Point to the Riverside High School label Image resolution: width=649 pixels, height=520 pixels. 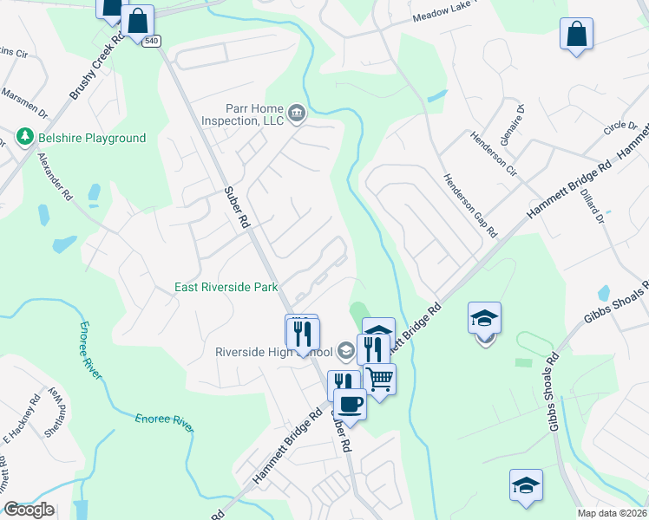pyautogui.click(x=274, y=352)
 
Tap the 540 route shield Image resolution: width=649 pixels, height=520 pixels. pyautogui.click(x=152, y=41)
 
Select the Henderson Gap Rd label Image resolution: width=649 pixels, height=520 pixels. pyautogui.click(x=469, y=205)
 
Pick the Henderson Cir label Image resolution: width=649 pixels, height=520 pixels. pyautogui.click(x=492, y=152)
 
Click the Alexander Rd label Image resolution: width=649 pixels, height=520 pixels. pyautogui.click(x=54, y=177)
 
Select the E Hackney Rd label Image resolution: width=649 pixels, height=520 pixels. pyautogui.click(x=22, y=417)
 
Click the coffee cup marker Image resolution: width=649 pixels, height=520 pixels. pyautogui.click(x=350, y=403)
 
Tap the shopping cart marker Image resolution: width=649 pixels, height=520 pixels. pyautogui.click(x=379, y=378)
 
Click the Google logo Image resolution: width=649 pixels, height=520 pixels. pyautogui.click(x=29, y=510)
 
